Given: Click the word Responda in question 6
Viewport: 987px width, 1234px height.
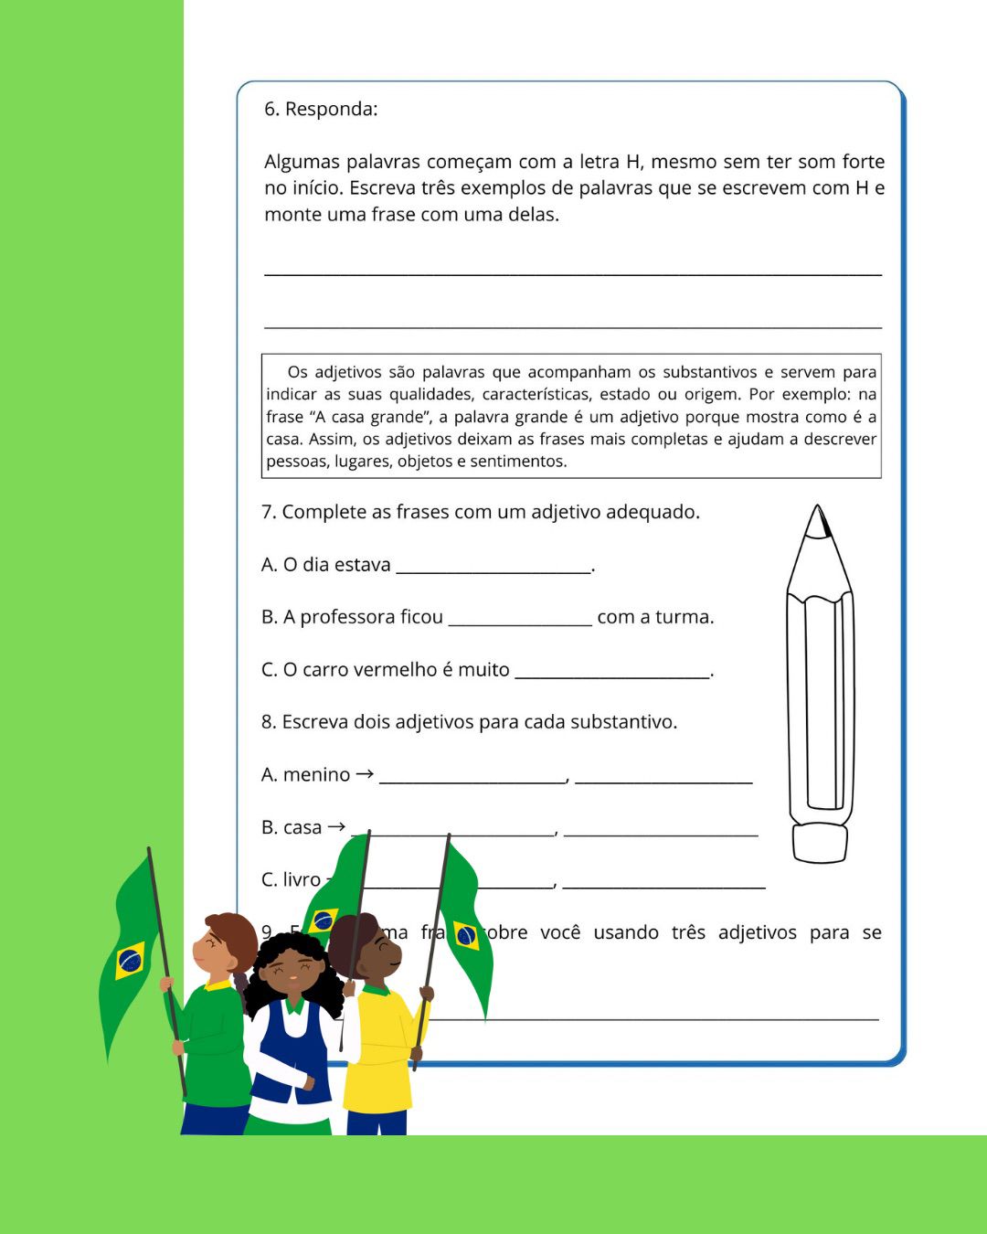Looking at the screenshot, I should [x=331, y=110].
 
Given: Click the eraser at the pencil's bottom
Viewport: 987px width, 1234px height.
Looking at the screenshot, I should [x=820, y=843].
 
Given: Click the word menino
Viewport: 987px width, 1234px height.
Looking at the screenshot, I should [x=316, y=775].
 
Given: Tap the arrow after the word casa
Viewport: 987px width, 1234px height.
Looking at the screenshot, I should [x=336, y=826].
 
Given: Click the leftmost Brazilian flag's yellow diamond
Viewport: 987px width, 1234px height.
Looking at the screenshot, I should [x=130, y=960].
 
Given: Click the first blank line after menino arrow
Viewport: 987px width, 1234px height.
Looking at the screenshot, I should [x=472, y=780].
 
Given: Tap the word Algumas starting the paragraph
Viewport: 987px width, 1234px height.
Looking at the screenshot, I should [x=302, y=162].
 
